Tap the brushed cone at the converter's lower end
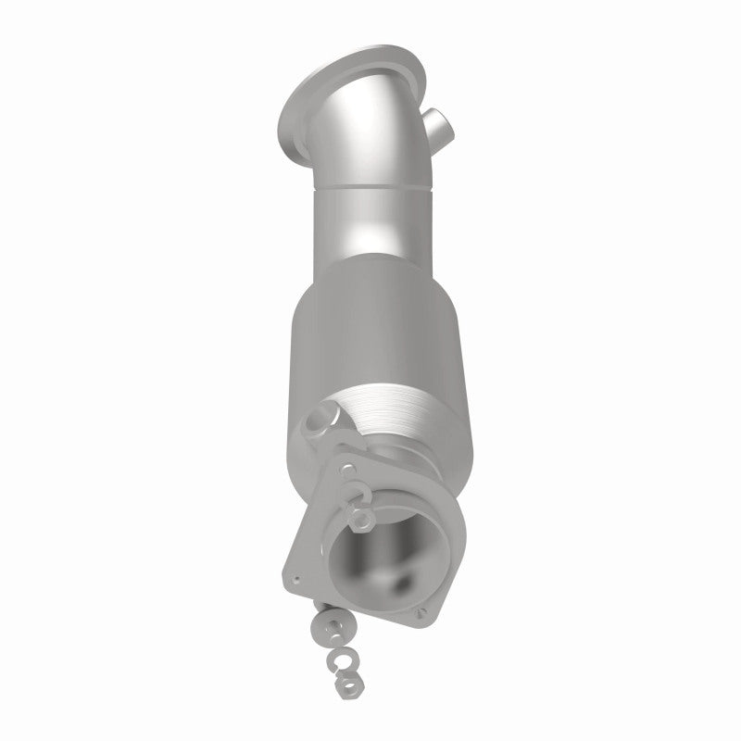click(x=394, y=408)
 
